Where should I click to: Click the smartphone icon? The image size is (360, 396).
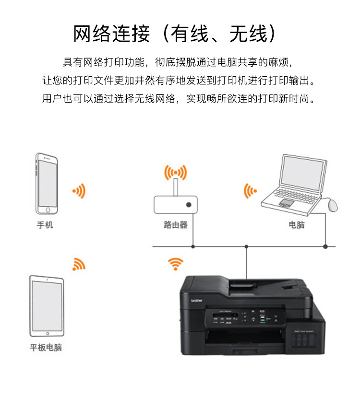pyautogui.click(x=47, y=184)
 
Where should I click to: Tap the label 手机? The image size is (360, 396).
pyautogui.click(x=45, y=225)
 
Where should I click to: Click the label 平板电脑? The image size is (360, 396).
pyautogui.click(x=46, y=348)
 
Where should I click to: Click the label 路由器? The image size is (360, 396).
pyautogui.click(x=176, y=225)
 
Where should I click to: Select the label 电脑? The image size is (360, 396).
pyautogui.click(x=296, y=225)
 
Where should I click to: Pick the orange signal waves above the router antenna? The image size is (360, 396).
pyautogui.click(x=175, y=172)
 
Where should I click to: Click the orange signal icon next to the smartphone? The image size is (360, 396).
pyautogui.click(x=79, y=191)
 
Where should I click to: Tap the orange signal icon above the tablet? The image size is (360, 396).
pyautogui.click(x=78, y=264)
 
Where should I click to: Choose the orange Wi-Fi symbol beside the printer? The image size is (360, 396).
pyautogui.click(x=175, y=263)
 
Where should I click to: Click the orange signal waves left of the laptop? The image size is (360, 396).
pyautogui.click(x=250, y=191)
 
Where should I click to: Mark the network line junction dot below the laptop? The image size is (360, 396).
pyautogui.click(x=325, y=246)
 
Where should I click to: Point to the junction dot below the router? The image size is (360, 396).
pyautogui.click(x=193, y=246)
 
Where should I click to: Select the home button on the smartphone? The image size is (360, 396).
pyautogui.click(x=47, y=210)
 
